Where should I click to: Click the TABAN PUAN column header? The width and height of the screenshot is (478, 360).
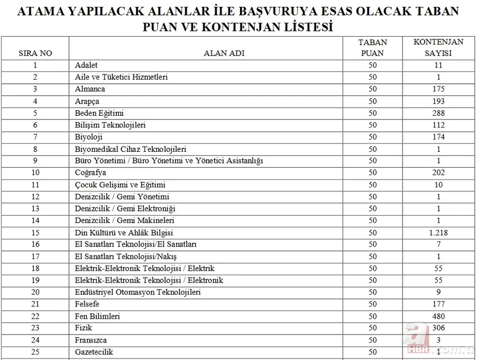point(372,47)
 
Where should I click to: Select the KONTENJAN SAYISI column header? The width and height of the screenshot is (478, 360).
point(438,47)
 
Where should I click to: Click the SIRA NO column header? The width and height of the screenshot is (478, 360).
point(35,53)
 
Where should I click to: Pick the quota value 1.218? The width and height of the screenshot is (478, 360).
point(438,233)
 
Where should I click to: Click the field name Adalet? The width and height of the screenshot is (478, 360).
point(87,65)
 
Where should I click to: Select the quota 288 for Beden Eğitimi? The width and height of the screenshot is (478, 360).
point(438,113)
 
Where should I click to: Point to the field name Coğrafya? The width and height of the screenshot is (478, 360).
point(91,173)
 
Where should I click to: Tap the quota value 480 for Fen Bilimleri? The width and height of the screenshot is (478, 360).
point(438,316)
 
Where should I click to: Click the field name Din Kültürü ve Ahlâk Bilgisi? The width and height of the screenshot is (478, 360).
point(124,233)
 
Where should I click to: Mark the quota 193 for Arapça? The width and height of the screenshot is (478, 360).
point(438,101)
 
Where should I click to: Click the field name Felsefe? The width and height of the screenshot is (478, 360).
point(87,304)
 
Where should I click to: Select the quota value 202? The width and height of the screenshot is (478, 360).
point(438,173)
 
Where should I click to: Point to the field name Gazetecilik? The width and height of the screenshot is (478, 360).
point(94,352)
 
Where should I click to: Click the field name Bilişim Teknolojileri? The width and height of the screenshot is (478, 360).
point(110,125)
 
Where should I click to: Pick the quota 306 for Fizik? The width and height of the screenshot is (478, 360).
point(438,328)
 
